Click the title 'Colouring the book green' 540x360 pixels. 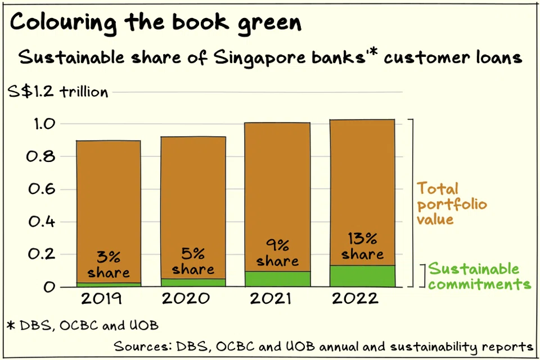pos(156,22)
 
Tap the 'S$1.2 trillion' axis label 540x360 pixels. pos(58,92)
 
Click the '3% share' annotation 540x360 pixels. pos(108,265)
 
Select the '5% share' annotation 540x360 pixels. pos(193,262)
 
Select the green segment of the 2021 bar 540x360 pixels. pos(278,279)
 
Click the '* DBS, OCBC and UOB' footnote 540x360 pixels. pos(83,325)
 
